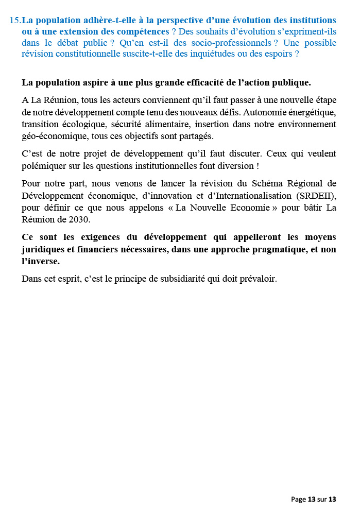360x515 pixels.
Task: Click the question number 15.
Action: click(x=15, y=20)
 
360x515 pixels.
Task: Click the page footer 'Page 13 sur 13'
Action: click(x=313, y=499)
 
